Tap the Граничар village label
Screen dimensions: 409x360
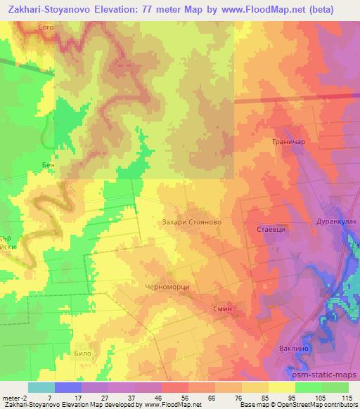click(287, 142)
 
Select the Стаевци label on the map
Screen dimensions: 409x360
click(262, 228)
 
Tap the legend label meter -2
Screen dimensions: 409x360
click(13, 397)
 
